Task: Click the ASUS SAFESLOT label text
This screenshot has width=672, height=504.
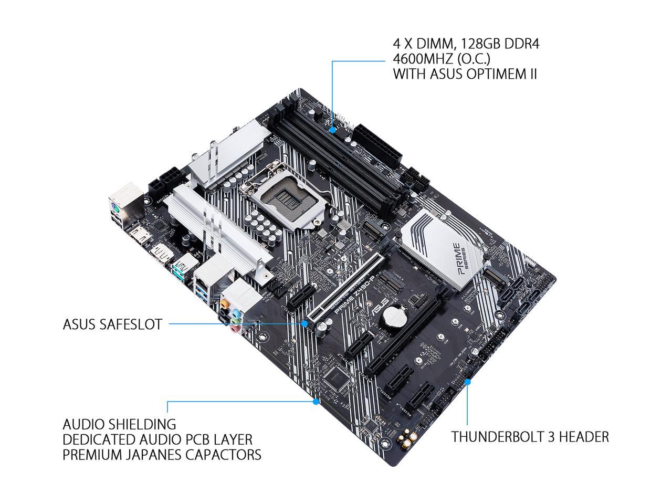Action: tap(112, 324)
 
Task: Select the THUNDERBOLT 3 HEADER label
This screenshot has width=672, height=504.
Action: tap(530, 436)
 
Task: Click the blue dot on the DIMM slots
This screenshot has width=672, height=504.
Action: tap(333, 128)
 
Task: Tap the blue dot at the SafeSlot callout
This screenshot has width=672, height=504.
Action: tap(304, 324)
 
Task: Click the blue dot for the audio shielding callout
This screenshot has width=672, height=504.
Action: tap(316, 402)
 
